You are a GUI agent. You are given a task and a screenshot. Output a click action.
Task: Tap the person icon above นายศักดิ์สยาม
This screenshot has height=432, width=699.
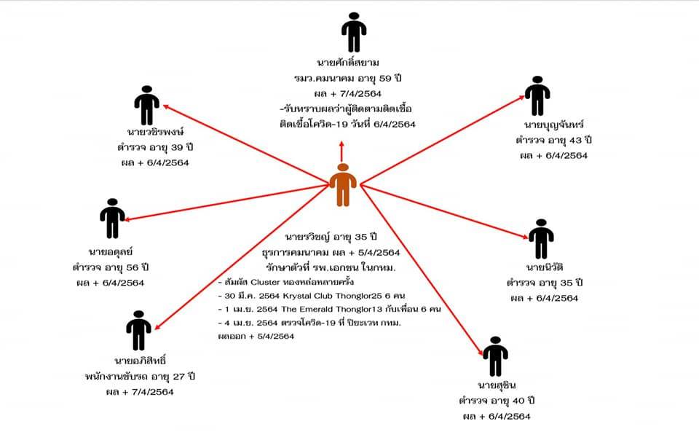(x=354, y=33)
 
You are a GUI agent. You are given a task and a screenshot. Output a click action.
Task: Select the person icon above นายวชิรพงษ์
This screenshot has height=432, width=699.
(x=146, y=106)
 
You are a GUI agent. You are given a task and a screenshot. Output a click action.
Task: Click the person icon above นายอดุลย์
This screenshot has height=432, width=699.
(x=111, y=218)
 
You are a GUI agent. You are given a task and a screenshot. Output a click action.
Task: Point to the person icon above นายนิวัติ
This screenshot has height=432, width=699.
(x=540, y=238)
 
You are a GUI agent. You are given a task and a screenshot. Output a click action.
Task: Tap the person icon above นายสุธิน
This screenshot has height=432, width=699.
(x=495, y=356)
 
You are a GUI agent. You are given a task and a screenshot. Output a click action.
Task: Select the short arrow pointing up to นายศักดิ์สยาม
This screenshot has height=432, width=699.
(x=341, y=149)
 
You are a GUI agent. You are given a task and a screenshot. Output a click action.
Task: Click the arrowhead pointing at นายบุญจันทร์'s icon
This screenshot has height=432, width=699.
(x=522, y=98)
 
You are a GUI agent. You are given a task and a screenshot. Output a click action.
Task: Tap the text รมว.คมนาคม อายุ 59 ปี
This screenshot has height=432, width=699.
(x=353, y=78)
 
